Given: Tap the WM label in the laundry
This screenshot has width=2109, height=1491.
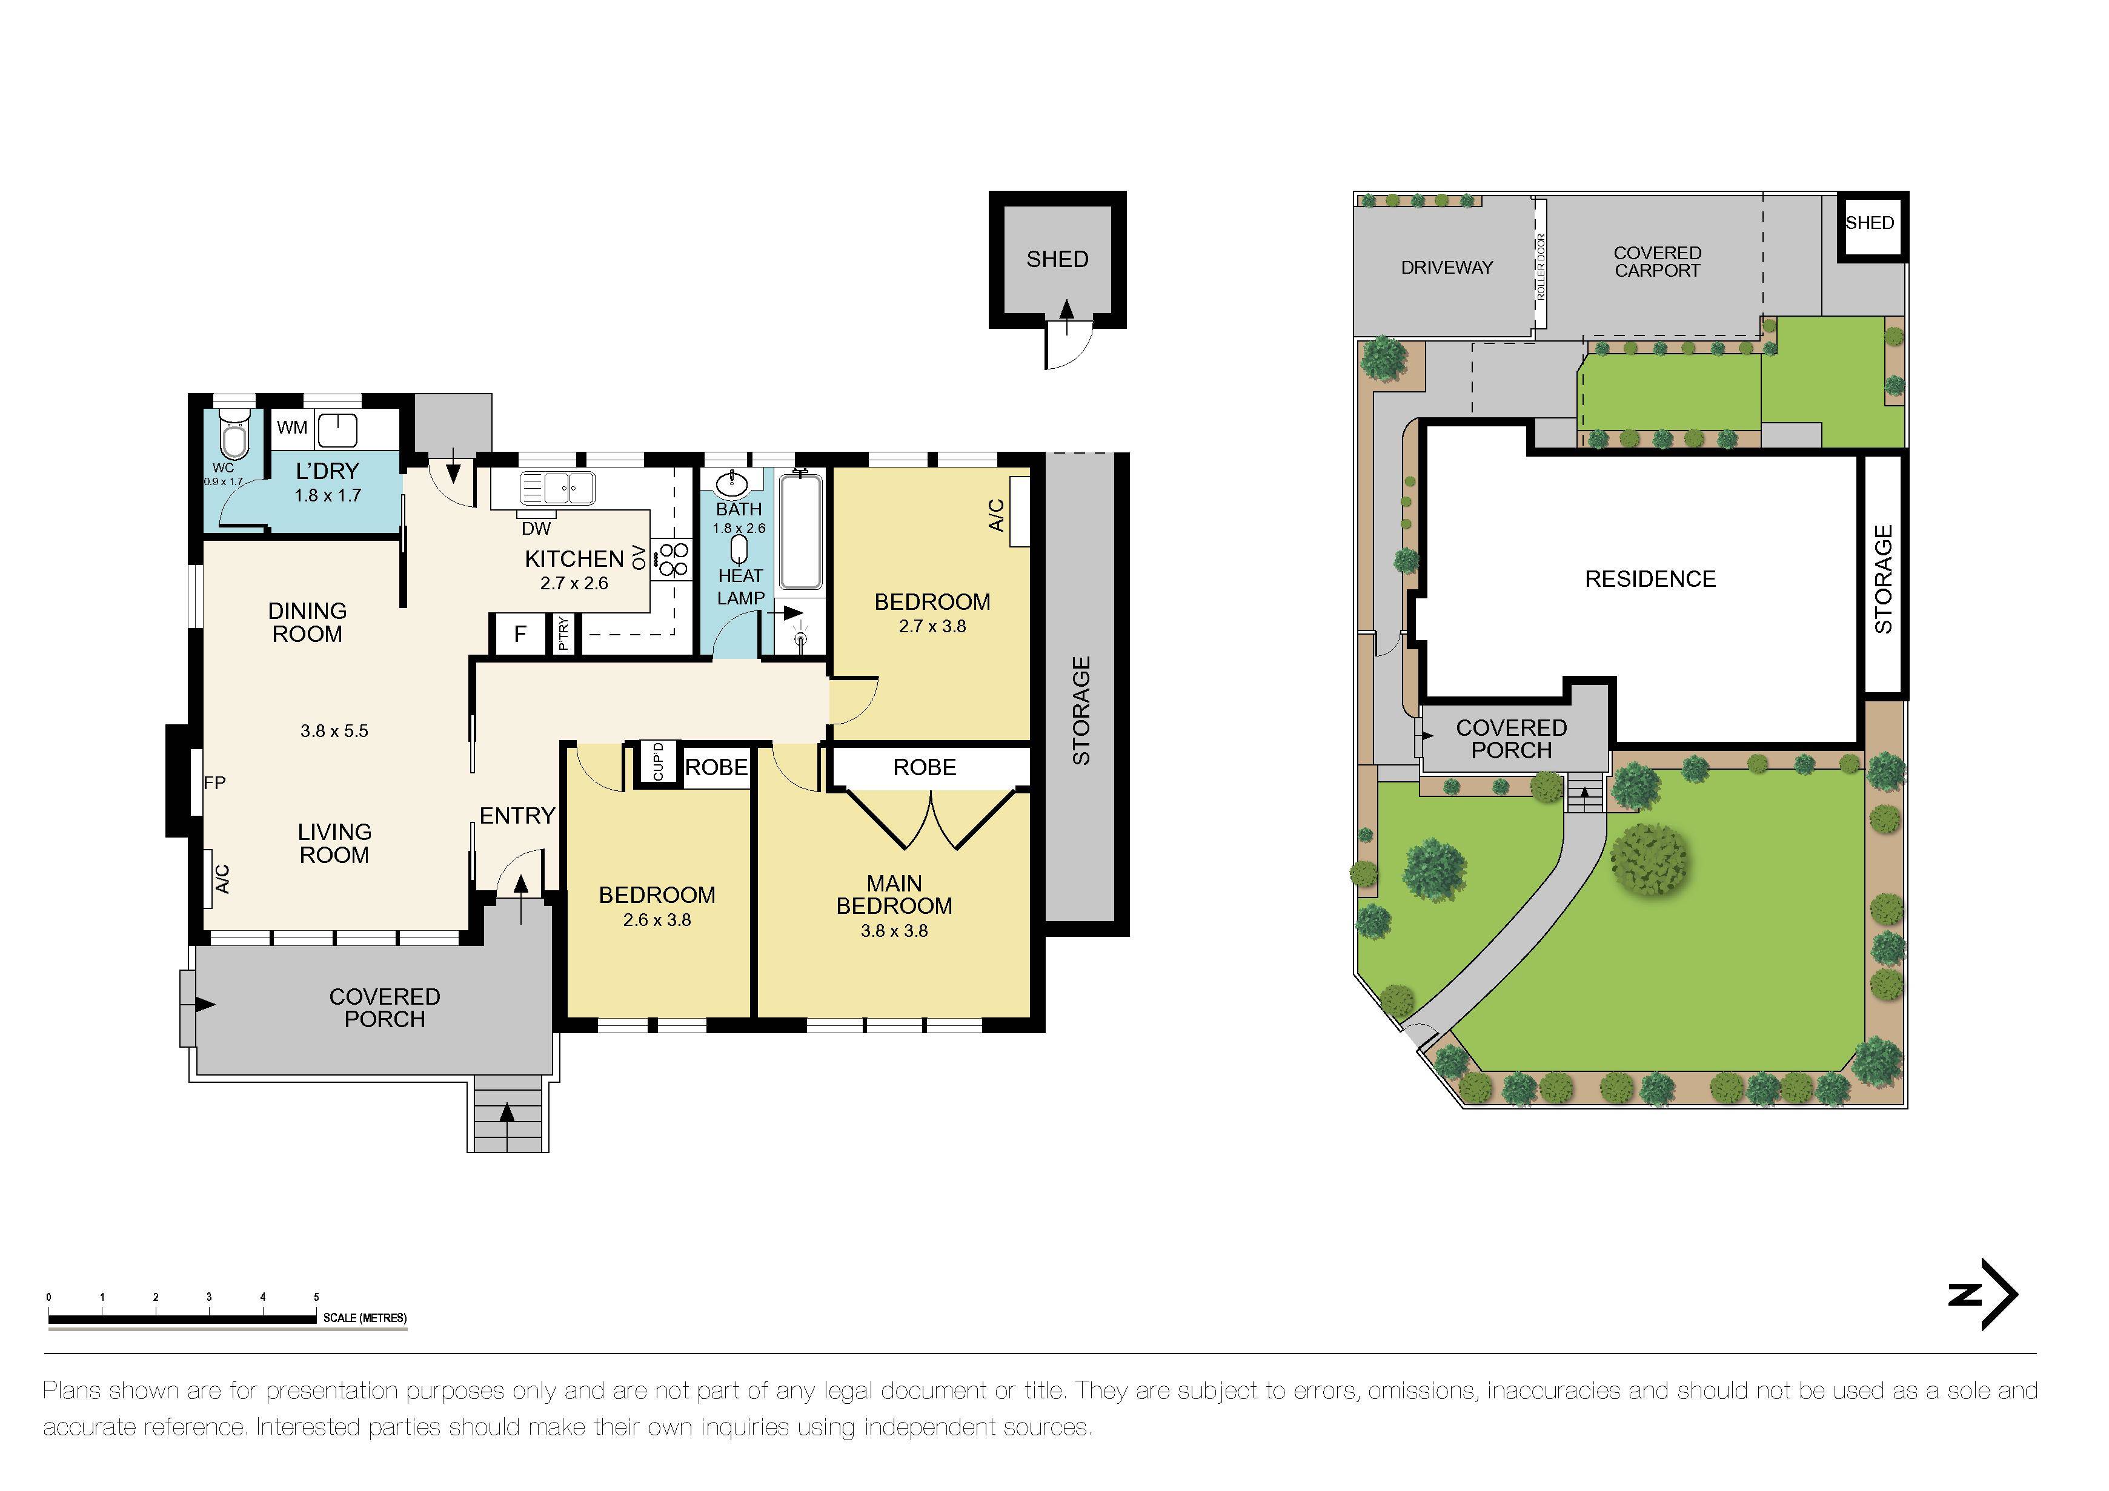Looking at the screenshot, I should pos(292,428).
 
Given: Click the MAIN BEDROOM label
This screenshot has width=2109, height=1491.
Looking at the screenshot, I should pos(894,895).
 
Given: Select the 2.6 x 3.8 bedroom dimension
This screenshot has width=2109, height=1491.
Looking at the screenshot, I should pos(657,920).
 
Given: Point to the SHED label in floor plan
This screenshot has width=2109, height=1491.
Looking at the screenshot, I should pos(1057,260).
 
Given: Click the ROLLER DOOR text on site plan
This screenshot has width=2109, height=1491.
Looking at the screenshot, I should pos(1541,267).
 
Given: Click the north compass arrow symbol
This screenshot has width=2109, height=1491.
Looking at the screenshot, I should pos(1984,1295).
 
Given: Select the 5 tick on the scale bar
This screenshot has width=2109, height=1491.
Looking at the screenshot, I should pos(316,1297).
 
